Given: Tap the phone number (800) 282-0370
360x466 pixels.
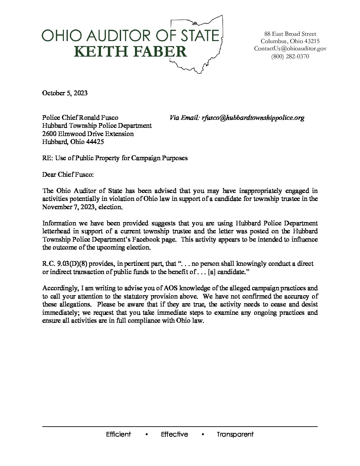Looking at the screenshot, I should [290, 56].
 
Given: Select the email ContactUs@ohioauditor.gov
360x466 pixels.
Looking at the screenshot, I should [290, 49].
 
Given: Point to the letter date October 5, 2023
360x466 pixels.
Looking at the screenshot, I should [65, 93].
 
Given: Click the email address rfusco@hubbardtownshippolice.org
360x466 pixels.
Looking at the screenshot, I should [253, 118].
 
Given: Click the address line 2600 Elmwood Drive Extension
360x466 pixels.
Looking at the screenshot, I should [88, 134].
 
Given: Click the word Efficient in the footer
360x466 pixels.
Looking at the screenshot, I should [118, 435].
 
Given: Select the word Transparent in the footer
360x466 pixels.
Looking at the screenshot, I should [235, 435].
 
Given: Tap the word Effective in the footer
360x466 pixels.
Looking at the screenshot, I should [174, 435].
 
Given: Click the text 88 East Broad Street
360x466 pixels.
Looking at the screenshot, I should [290, 34].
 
